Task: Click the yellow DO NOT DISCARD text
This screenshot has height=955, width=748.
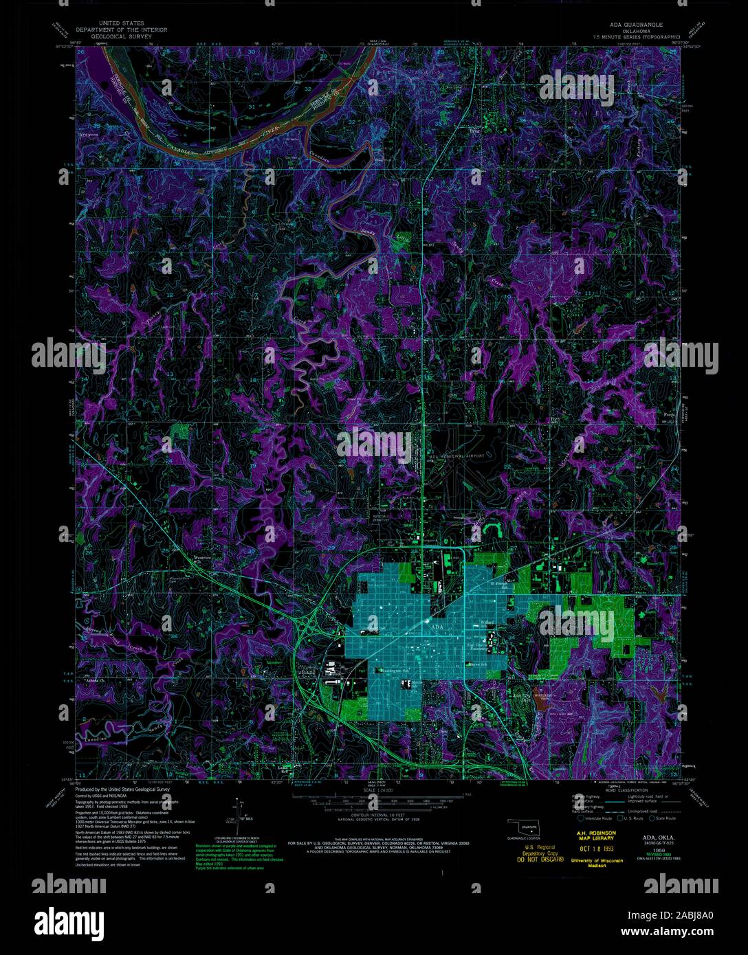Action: [x=538, y=859]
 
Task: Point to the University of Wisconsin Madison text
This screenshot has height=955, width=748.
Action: [x=596, y=862]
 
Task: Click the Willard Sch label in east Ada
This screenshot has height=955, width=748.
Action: [x=487, y=622]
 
